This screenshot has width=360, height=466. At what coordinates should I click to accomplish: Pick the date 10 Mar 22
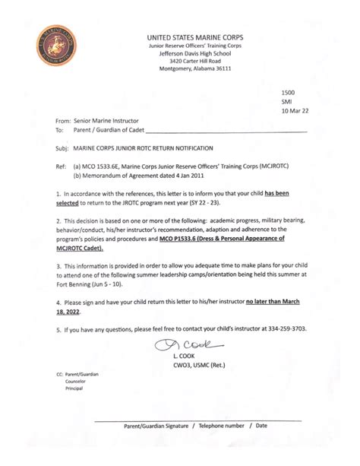point(295,111)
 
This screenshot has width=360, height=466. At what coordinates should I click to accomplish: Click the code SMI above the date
point(286,100)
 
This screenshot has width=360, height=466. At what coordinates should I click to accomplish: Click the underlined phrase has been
point(285,194)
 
